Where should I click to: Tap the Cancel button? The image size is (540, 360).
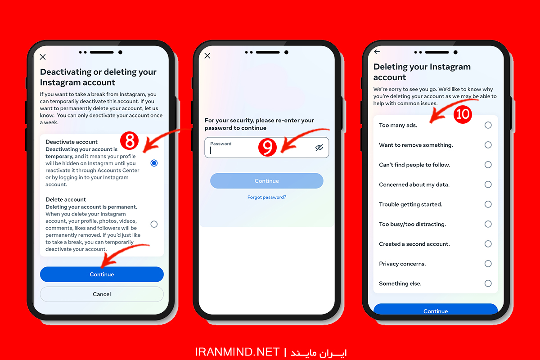[x=102, y=294]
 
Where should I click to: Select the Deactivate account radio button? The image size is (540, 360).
[x=154, y=163]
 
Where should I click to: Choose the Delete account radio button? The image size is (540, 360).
[x=154, y=224]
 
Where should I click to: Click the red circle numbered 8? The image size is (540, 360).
[x=130, y=140]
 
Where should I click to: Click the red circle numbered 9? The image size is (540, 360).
[x=267, y=147]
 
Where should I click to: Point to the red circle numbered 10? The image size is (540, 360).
[x=463, y=114]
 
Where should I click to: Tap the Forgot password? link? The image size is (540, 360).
[x=266, y=197]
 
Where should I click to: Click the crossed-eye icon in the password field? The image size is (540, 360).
[x=319, y=148]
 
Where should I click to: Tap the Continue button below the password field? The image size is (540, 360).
[x=266, y=181]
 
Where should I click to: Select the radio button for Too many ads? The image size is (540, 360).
[x=488, y=125]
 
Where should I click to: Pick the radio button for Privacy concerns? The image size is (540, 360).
[x=488, y=264]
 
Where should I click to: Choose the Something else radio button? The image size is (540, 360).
[x=488, y=283]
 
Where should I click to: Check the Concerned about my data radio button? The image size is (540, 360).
[x=488, y=184]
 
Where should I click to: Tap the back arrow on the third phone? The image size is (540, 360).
[x=377, y=52]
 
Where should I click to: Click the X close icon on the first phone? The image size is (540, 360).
[x=43, y=57]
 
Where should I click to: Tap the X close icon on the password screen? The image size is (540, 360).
[x=207, y=56]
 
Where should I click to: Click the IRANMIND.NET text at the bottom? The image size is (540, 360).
[x=237, y=352]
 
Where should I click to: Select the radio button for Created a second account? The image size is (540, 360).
[x=488, y=244]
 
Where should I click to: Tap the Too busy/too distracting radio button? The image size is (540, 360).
[x=488, y=224]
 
